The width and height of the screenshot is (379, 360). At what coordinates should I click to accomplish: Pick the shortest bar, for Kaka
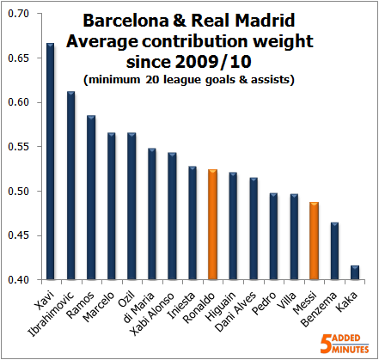pos(354,272)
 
